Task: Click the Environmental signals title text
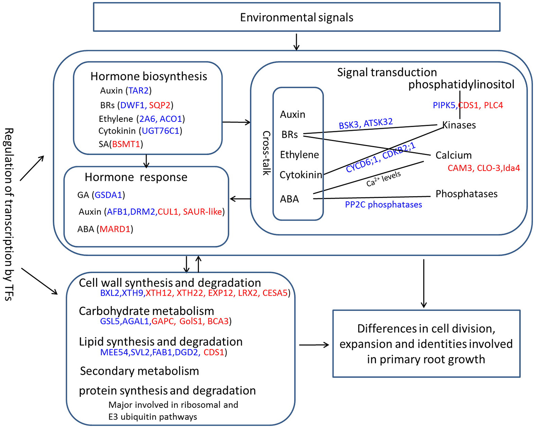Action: (296, 17)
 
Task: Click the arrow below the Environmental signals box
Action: (296, 42)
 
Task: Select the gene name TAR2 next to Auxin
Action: (138, 91)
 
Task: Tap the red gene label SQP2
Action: (160, 105)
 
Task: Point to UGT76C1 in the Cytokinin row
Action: (160, 131)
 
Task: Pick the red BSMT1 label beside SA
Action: (126, 144)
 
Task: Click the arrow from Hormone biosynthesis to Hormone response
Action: (146, 161)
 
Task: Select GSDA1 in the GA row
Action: (108, 195)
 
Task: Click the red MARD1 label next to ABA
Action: (115, 229)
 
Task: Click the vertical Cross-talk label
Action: (266, 153)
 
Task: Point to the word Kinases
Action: (459, 125)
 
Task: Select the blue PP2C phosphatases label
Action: (383, 205)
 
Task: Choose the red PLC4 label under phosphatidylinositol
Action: (493, 105)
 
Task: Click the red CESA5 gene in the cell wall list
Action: (275, 293)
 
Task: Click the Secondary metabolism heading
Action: (139, 371)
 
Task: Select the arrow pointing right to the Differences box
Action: (314, 345)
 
